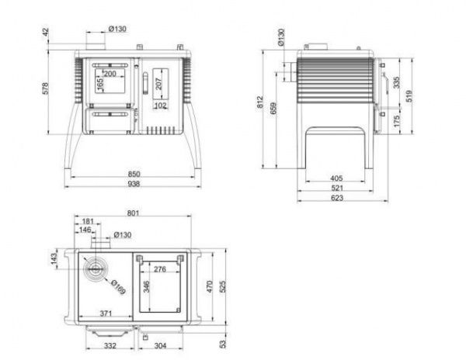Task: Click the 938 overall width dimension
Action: click(134, 184)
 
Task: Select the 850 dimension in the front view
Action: click(134, 174)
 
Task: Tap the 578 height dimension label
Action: click(45, 88)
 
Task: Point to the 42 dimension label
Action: click(46, 32)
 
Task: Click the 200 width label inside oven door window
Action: click(110, 74)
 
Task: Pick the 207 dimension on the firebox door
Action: click(158, 84)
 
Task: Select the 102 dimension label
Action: click(161, 106)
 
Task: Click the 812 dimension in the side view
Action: click(260, 102)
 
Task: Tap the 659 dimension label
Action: click(273, 108)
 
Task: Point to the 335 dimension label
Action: click(396, 82)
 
